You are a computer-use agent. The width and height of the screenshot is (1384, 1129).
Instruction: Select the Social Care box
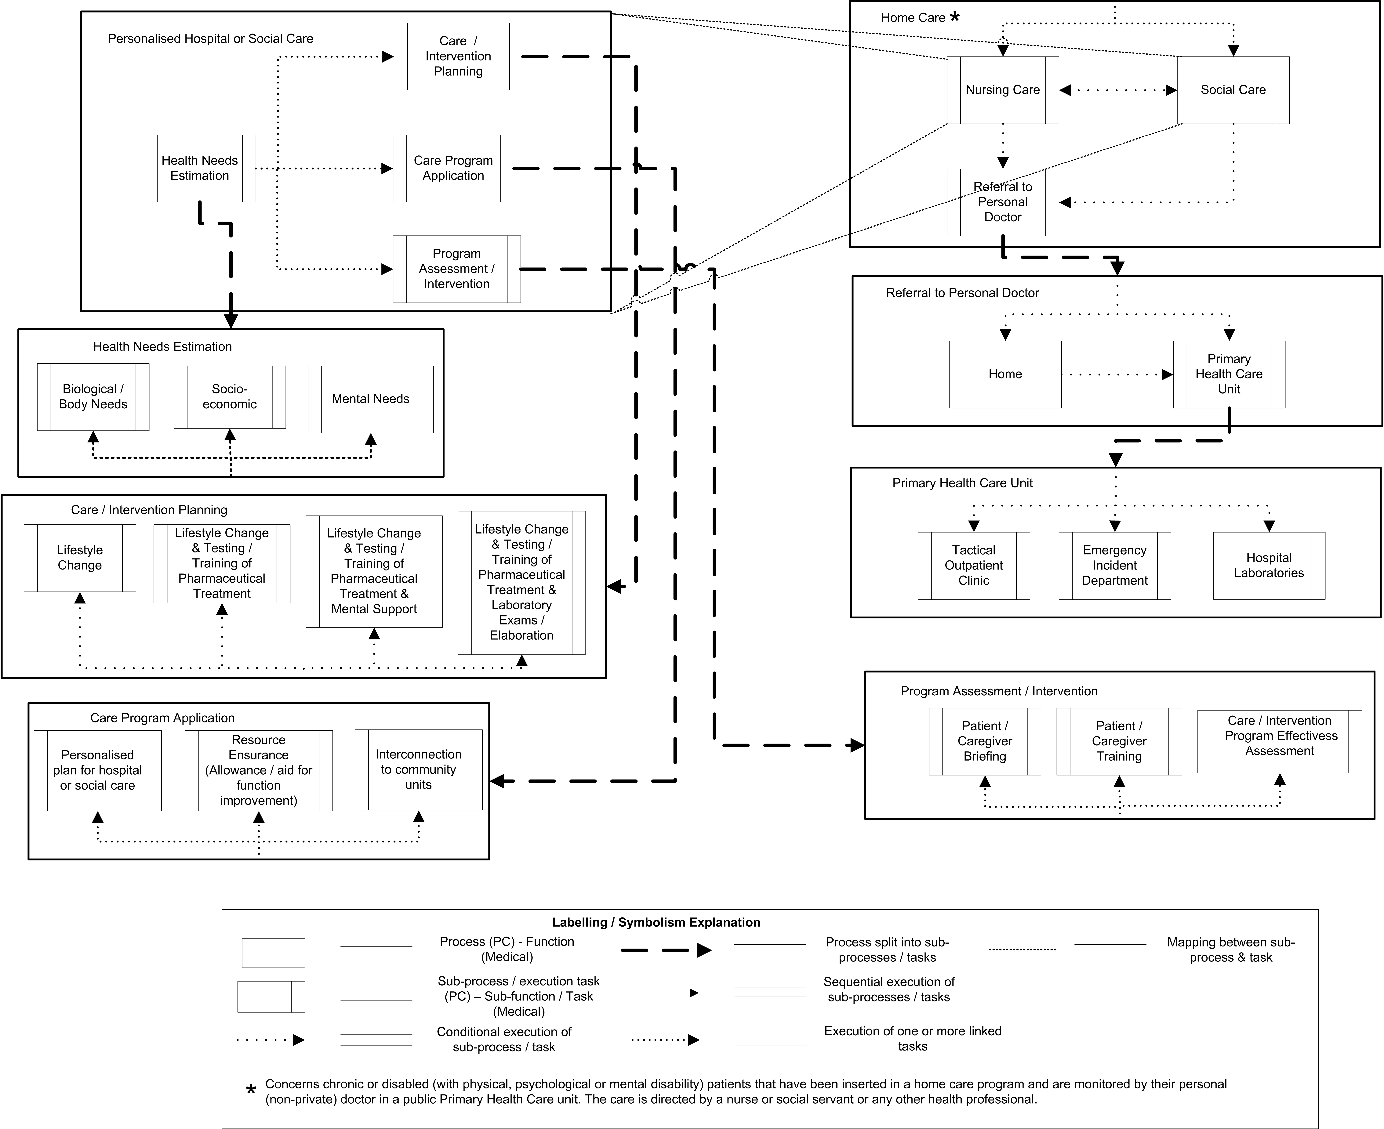pyautogui.click(x=1233, y=90)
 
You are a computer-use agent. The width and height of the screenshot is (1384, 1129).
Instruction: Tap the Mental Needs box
pyautogui.click(x=371, y=399)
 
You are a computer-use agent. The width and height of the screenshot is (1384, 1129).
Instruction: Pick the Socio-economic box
pyautogui.click(x=230, y=397)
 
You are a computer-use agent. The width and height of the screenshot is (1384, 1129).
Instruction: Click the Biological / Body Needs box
pyautogui.click(x=93, y=397)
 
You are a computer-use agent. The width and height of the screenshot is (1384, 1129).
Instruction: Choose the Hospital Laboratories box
pyautogui.click(x=1269, y=565)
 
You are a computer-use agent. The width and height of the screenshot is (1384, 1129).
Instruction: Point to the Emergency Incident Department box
pyautogui.click(x=1115, y=565)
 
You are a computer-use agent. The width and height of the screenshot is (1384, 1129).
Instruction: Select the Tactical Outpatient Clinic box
pyautogui.click(x=974, y=565)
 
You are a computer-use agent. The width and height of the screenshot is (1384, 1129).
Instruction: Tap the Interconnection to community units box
pyautogui.click(x=418, y=770)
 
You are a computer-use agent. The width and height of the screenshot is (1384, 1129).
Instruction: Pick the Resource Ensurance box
pyautogui.click(x=258, y=770)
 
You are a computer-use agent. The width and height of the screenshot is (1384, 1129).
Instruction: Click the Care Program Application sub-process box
pyautogui.click(x=453, y=168)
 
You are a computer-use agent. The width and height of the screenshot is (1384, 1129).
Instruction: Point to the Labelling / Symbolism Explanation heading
pyautogui.click(x=656, y=922)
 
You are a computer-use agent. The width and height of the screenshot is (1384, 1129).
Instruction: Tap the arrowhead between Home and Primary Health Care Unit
pyautogui.click(x=1168, y=375)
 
